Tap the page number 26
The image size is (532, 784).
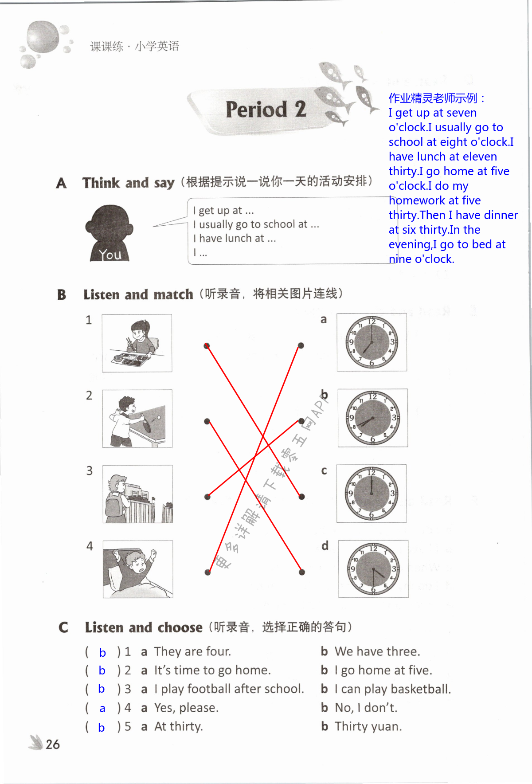(52, 744)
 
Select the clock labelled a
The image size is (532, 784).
(372, 342)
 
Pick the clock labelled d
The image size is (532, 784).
(373, 569)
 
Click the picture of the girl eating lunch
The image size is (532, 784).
(137, 343)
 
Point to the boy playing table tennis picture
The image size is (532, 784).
(137, 419)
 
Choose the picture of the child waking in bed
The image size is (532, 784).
(137, 569)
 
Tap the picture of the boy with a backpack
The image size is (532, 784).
(137, 494)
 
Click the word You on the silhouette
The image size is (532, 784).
(110, 255)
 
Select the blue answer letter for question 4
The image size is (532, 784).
(102, 708)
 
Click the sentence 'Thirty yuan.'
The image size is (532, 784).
(368, 726)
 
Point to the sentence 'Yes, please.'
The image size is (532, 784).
(186, 708)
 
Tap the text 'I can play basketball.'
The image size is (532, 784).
(392, 689)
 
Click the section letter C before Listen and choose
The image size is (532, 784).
(63, 627)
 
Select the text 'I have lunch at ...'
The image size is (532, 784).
(235, 239)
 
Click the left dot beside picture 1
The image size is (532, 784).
(207, 346)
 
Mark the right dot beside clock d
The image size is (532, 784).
(302, 572)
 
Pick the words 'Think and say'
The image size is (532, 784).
(128, 183)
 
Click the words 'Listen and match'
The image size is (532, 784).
(138, 294)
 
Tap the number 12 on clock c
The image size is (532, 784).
(371, 473)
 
